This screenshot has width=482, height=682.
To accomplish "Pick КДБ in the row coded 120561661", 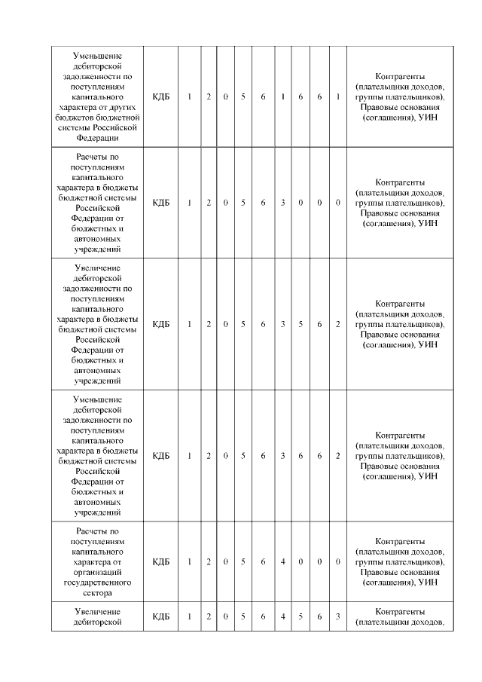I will coord(160,96).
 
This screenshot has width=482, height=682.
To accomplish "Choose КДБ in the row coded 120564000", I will coord(160,561).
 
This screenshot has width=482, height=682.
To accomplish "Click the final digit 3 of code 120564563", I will coord(338,616).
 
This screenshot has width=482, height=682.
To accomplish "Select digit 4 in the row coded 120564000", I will coord(282,561).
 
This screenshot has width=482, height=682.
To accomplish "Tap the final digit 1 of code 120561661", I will coord(338,96).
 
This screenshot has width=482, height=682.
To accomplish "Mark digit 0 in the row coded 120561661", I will coord(225,96).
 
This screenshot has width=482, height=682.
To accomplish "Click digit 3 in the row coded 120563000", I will coord(282,203).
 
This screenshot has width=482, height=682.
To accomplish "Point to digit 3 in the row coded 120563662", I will coord(282,455).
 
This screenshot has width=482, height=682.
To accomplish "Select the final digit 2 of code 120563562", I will coord(338,324).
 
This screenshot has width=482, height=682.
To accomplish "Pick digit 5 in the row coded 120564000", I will coord(243,561).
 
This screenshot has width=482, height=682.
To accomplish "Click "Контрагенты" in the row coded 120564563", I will coord(400,611).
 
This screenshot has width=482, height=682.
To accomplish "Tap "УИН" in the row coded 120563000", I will coord(429,223).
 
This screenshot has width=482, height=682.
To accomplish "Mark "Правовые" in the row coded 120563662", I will coord(378,466).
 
